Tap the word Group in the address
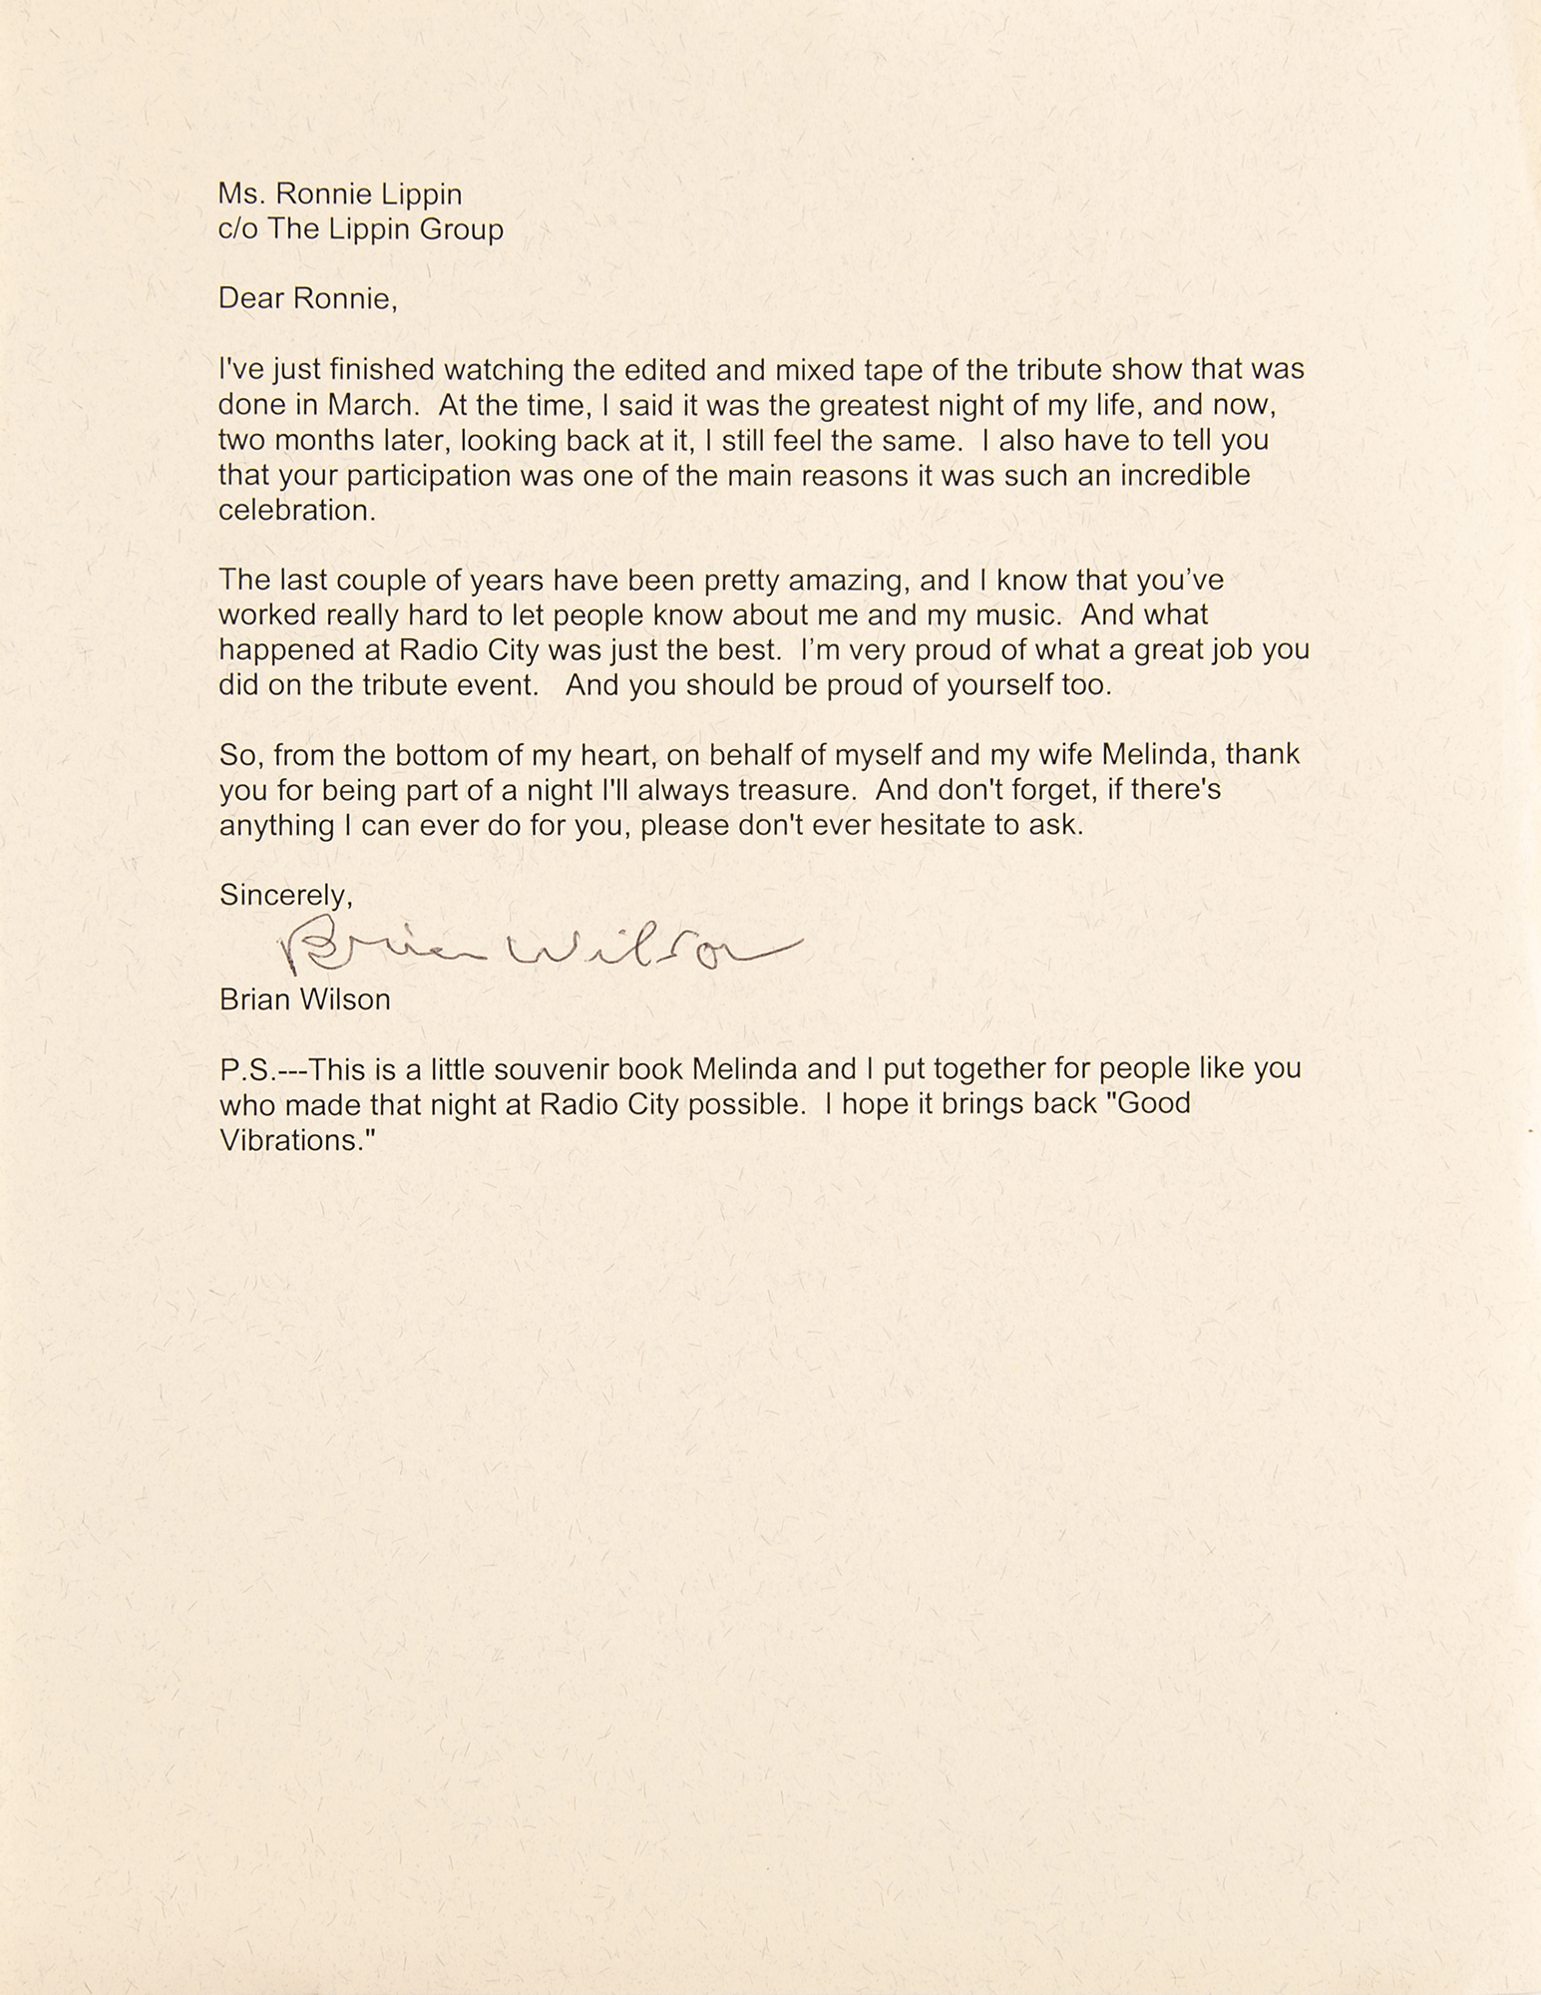(461, 229)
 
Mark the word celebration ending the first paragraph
(295, 511)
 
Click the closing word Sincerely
(285, 896)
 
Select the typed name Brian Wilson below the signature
(304, 999)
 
